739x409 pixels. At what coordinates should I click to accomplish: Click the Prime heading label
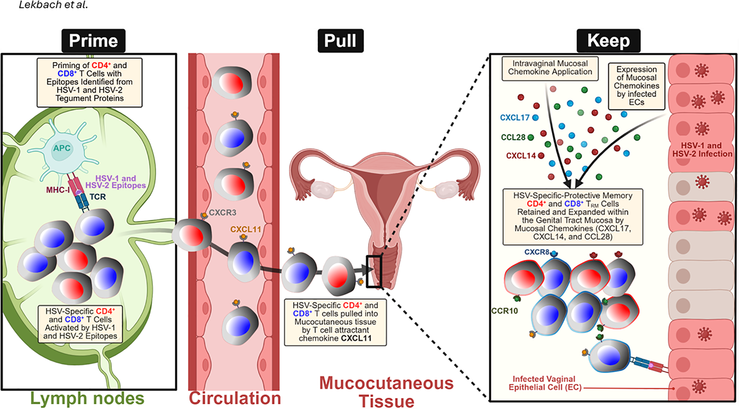(x=93, y=41)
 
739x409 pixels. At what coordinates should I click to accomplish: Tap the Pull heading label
(x=340, y=41)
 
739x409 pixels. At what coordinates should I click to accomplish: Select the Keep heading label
(x=608, y=41)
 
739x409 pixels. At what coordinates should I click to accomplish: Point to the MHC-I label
(x=58, y=190)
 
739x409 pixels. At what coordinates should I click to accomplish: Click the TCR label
(x=97, y=197)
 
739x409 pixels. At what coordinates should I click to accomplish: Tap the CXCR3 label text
(x=223, y=212)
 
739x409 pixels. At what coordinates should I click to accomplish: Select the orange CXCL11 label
(x=245, y=229)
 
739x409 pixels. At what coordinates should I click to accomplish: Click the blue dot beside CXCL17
(x=535, y=118)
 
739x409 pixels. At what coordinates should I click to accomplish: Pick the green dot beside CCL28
(x=531, y=137)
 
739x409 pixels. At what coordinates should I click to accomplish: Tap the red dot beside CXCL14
(x=541, y=156)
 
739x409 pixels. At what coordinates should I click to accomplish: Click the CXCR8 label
(x=537, y=252)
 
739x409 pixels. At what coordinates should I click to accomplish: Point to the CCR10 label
(x=504, y=311)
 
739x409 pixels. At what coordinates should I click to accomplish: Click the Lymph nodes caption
(x=87, y=398)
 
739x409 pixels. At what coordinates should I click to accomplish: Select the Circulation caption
(x=235, y=398)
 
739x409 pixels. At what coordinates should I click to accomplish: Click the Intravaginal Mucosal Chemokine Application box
(x=550, y=68)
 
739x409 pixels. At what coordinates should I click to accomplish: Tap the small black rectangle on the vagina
(x=373, y=271)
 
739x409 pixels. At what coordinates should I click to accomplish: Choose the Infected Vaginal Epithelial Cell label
(x=544, y=383)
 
